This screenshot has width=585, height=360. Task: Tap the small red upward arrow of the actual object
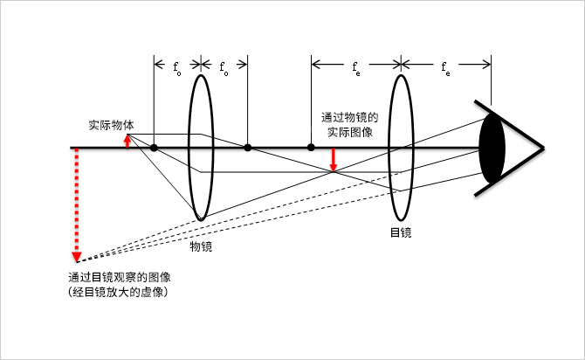click(127, 141)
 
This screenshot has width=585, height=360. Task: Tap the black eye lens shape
click(492, 148)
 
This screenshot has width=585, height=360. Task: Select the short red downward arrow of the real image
click(333, 160)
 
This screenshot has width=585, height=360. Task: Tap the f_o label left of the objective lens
click(177, 66)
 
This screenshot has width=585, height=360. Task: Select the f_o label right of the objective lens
click(224, 66)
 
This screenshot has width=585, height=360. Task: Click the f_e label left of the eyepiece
click(356, 66)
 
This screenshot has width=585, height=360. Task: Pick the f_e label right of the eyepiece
click(445, 66)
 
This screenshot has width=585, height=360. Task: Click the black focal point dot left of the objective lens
click(154, 148)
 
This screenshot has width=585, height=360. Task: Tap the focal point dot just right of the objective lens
click(248, 148)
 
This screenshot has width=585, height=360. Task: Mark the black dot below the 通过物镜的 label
click(311, 148)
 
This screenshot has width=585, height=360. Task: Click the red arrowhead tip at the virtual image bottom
click(77, 259)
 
